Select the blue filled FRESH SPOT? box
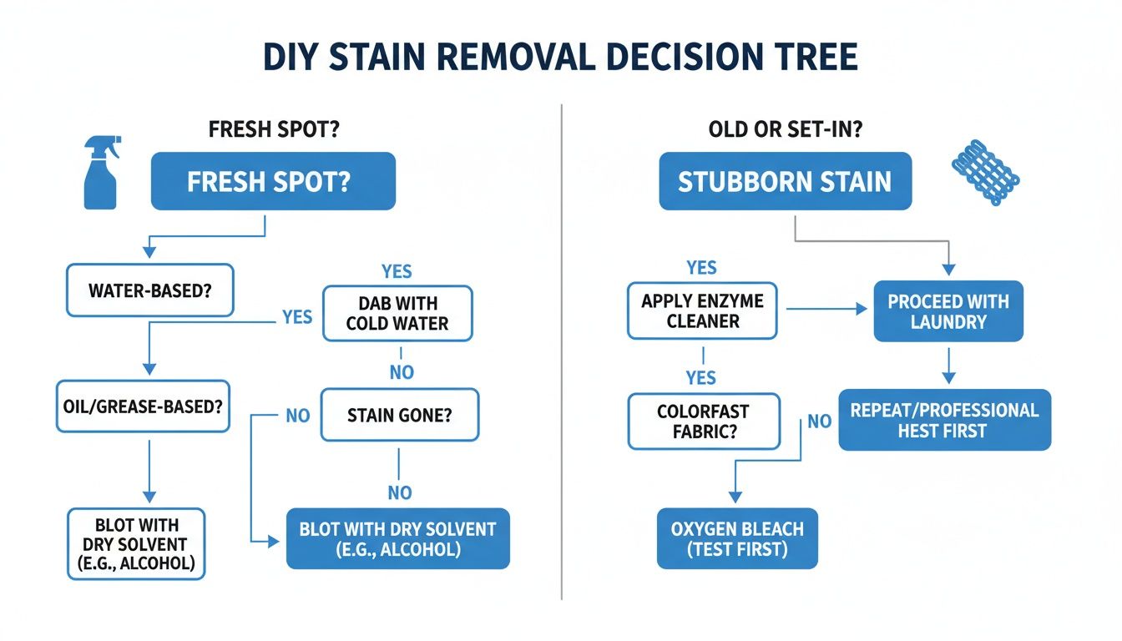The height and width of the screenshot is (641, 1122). point(273,181)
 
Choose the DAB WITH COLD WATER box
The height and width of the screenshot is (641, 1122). point(397,313)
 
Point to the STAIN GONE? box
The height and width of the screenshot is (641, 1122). point(400,415)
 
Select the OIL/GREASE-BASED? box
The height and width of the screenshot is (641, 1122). point(143,406)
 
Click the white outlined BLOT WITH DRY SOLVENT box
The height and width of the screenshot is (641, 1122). point(135,543)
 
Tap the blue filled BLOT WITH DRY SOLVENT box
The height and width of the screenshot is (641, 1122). point(397,539)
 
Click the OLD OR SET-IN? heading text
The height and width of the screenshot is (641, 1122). point(785,131)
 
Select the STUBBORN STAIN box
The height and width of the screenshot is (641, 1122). point(785,181)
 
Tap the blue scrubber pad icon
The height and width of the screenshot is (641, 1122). point(985,174)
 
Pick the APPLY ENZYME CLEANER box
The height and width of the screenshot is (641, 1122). point(702,310)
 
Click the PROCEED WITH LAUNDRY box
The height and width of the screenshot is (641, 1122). point(948,311)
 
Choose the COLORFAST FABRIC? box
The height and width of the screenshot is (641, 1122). point(703,422)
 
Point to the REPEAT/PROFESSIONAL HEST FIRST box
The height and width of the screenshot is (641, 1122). point(944,420)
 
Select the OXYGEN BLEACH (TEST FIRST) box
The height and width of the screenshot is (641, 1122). point(737,539)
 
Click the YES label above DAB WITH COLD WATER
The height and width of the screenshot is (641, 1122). point(397,272)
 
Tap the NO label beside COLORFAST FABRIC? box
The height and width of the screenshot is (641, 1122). point(819,421)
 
